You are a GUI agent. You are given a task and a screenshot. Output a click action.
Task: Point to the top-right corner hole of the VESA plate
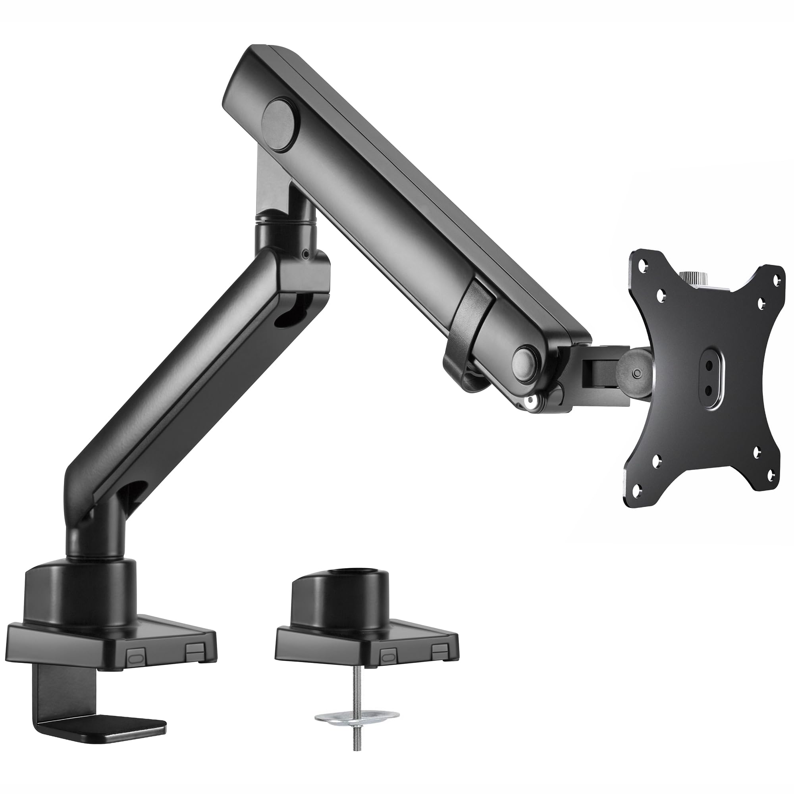[776, 278]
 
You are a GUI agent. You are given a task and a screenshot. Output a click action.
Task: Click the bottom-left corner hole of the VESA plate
[637, 490]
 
